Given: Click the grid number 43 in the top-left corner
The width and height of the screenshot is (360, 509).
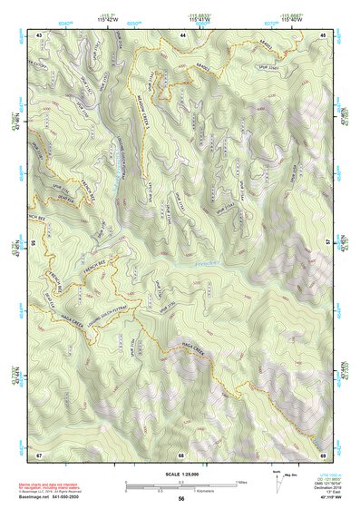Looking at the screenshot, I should tap(39, 34).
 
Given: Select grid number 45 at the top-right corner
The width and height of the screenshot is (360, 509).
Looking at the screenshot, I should tap(323, 34).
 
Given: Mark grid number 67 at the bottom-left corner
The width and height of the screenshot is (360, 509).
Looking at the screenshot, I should tap(39, 454).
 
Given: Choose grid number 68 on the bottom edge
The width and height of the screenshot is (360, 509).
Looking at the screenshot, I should tap(181, 454).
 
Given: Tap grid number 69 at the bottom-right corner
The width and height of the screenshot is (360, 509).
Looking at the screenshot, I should tap(323, 454).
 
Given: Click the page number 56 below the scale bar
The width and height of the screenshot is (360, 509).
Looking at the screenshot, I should tap(181, 498).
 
